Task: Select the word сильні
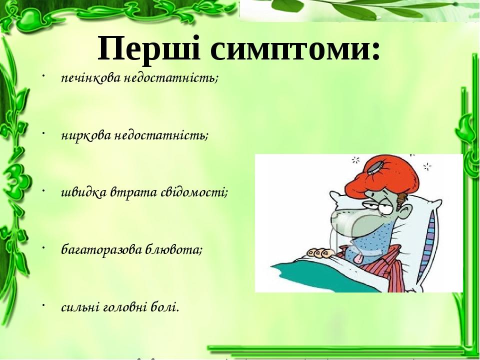(81, 307)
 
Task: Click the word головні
(125, 307)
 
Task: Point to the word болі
(165, 306)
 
